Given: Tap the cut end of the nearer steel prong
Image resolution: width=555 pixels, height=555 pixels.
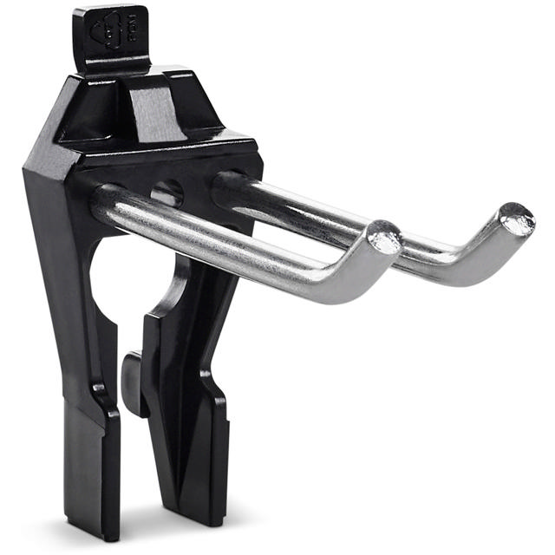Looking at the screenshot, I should click(x=382, y=237).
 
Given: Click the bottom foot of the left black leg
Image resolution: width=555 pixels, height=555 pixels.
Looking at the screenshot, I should click(x=91, y=486).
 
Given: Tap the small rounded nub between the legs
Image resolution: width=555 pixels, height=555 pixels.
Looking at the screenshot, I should click(x=132, y=382).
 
